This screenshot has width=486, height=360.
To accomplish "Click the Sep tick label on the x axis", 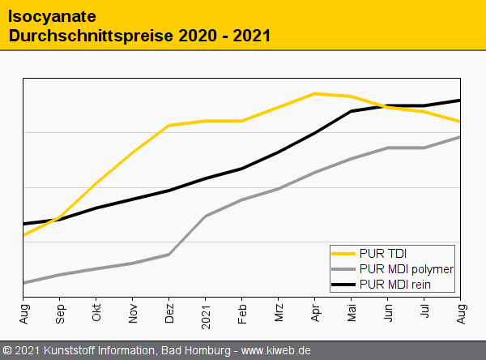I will coord(60,312).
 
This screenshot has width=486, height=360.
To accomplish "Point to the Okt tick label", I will coord(96,312).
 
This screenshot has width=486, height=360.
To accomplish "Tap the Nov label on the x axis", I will coord(133,312).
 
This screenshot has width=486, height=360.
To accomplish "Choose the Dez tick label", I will coord(169,312).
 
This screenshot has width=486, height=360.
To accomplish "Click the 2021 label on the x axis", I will coord(206,311).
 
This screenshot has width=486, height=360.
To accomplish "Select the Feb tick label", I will coord(242,312).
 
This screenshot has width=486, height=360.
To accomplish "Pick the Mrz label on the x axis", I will coord(279,312).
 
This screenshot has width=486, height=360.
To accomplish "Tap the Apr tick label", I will coord(315,312).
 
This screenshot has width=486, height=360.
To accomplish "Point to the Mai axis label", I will coord(352,312).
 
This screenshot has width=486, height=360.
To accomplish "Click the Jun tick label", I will coord(388,312).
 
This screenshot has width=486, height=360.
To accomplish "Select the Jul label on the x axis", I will coord(424,311).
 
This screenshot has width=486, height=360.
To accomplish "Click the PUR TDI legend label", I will coord(383,254).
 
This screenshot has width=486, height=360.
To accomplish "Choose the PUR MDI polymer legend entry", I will coord(405,268).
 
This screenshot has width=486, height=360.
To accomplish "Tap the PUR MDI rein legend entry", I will coord(394,283).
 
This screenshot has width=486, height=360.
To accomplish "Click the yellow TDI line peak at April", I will coord(315,93).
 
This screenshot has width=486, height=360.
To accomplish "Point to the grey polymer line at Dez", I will coord(169,255).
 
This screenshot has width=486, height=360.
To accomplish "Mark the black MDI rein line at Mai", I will coord(352,111).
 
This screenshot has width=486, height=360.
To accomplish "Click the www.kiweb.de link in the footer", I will coord(276,351).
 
